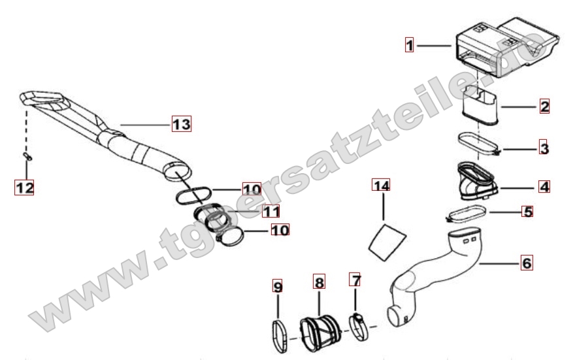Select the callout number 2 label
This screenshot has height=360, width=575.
[x=544, y=106]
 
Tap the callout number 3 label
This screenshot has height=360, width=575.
[x=544, y=148]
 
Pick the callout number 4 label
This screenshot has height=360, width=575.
[x=544, y=187]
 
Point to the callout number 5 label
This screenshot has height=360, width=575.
[x=528, y=211]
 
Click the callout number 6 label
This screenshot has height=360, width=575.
[x=526, y=263]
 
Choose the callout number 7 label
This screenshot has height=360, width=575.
[x=355, y=280]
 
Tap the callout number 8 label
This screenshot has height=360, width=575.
[x=319, y=282]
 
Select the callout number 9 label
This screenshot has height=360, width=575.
[x=278, y=286]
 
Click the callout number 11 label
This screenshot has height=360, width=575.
[x=271, y=211]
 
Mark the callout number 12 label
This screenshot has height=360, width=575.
[x=24, y=188]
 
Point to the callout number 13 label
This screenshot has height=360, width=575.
[x=182, y=123]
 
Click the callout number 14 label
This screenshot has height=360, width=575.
[x=381, y=185]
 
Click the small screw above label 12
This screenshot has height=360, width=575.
[x=27, y=156]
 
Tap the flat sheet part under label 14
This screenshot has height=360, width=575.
[x=387, y=242]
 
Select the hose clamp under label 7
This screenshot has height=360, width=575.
[x=358, y=327]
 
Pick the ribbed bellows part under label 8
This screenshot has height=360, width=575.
[x=318, y=332]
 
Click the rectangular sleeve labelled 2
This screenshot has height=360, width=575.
[x=480, y=105]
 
